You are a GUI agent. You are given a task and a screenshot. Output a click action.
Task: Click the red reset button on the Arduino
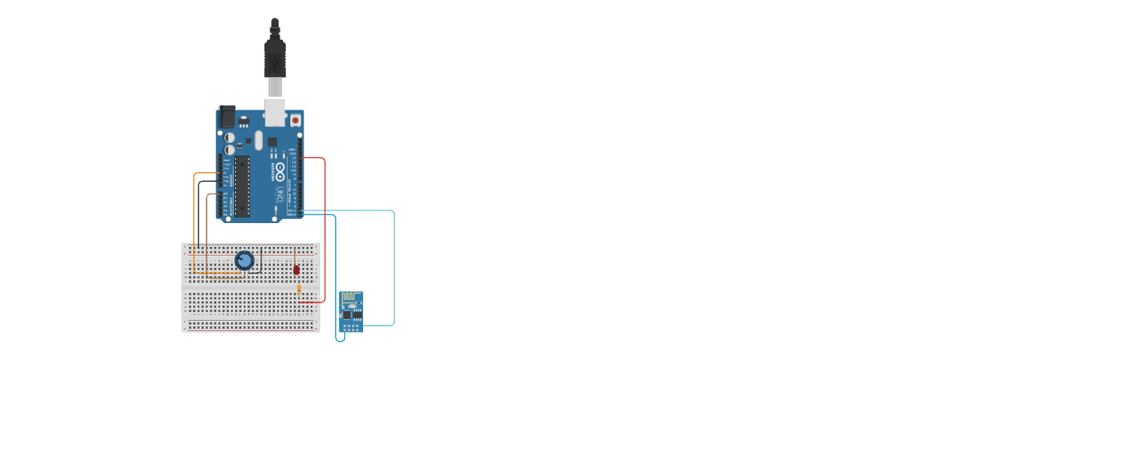296,120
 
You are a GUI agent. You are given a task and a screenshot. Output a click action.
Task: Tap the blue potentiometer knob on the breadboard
245,260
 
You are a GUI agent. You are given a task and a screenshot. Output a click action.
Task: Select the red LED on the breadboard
296,269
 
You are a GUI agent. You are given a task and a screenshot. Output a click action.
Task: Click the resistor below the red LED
299,290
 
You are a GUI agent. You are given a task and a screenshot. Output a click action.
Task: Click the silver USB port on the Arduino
275,113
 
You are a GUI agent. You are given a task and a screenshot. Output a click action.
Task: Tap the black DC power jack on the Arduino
226,117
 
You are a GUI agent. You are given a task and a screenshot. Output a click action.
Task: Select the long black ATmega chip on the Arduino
242,187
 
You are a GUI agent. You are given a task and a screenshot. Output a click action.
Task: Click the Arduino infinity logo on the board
280,171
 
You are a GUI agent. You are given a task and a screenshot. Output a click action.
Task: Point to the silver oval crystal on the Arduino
258,141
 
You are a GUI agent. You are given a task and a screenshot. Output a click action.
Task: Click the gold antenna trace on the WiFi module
350,299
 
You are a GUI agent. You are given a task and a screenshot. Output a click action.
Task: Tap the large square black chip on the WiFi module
346,314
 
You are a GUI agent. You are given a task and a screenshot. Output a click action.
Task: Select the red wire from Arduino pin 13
324,230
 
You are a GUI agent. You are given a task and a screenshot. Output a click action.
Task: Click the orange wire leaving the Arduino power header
195,222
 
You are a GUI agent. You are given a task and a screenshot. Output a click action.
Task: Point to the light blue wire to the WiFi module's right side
393,270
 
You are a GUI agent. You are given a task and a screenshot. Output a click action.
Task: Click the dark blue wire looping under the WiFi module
337,278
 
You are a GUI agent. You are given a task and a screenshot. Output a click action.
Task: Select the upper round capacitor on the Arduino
230,137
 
